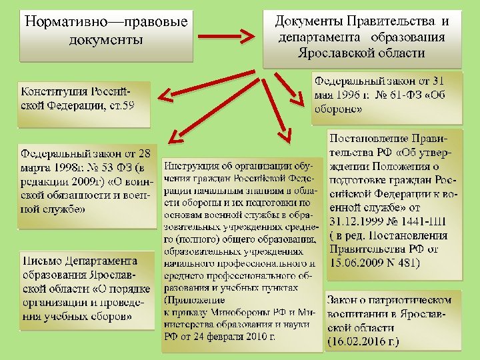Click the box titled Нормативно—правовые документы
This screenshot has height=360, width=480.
105,31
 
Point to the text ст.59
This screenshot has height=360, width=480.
120,105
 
